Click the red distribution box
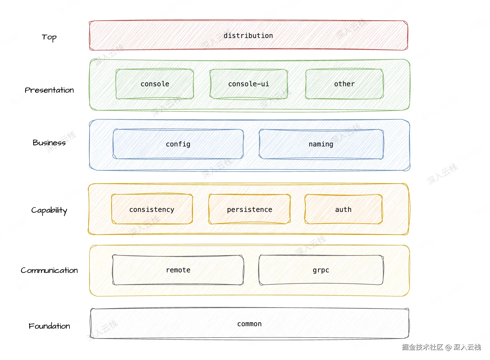click(248, 35)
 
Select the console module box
click(155, 84)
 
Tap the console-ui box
click(249, 84)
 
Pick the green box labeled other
click(344, 84)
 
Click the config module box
click(178, 144)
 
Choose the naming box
click(321, 144)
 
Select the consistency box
click(152, 209)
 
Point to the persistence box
click(249, 209)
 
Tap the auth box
click(343, 209)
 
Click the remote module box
click(178, 270)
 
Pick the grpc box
click(321, 270)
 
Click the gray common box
click(249, 323)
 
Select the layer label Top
click(49, 37)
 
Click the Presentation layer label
click(49, 90)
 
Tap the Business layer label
click(49, 143)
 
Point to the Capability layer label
click(49, 211)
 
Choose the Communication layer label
click(49, 270)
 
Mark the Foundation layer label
click(49, 326)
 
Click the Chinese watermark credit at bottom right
click(441, 347)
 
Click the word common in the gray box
click(249, 324)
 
